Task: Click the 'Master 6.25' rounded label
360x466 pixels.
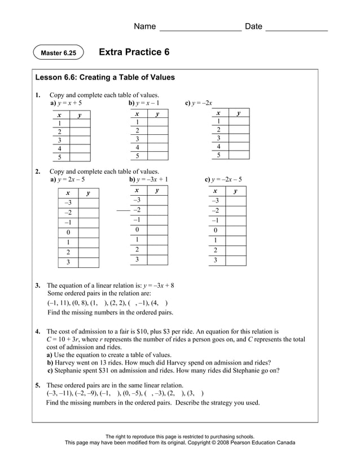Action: (x=58, y=53)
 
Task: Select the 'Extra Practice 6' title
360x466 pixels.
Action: (x=134, y=52)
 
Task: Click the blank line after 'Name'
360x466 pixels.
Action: (x=200, y=27)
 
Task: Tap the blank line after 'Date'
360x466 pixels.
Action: (x=296, y=27)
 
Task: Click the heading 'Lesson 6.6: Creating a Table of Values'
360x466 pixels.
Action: (x=105, y=77)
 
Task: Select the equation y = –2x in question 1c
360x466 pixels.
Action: (x=202, y=103)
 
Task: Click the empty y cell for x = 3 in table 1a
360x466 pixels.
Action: (x=80, y=140)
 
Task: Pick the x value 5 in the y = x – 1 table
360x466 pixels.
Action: (x=137, y=156)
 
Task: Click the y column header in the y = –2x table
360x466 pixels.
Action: (x=239, y=113)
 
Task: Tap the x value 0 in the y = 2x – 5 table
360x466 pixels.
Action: (x=68, y=232)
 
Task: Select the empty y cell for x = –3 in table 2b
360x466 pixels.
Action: (x=157, y=200)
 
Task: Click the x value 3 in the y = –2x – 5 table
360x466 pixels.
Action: (x=215, y=261)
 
